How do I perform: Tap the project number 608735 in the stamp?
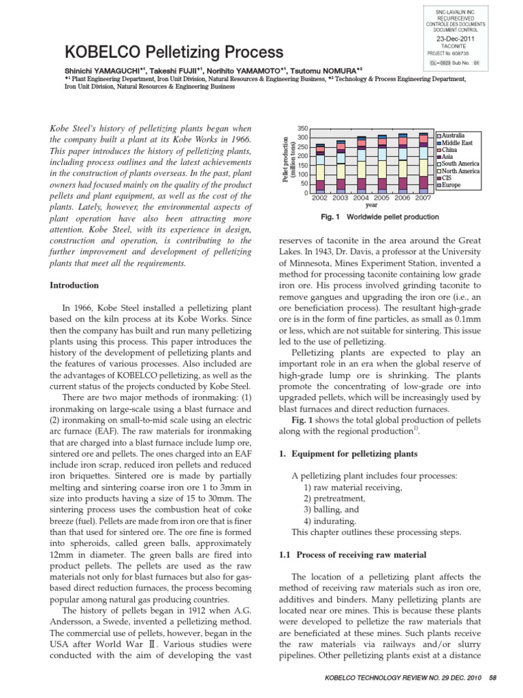coord(466,52)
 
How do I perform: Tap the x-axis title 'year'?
coord(371,204)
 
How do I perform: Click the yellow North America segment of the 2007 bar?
coord(423,167)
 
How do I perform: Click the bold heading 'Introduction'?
coord(76,285)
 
